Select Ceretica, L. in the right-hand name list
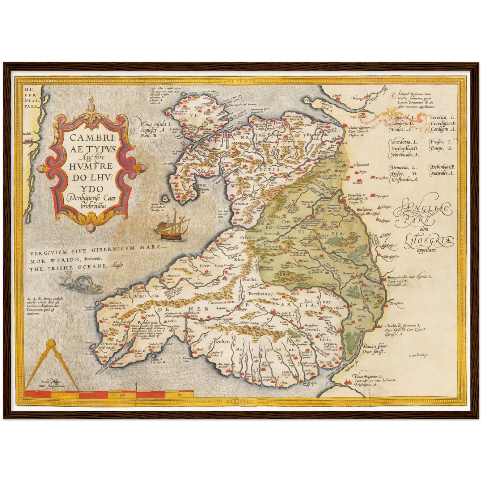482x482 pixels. click(442, 117)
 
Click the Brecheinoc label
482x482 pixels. click(261, 294)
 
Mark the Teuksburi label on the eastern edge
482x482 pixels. click(396, 304)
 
